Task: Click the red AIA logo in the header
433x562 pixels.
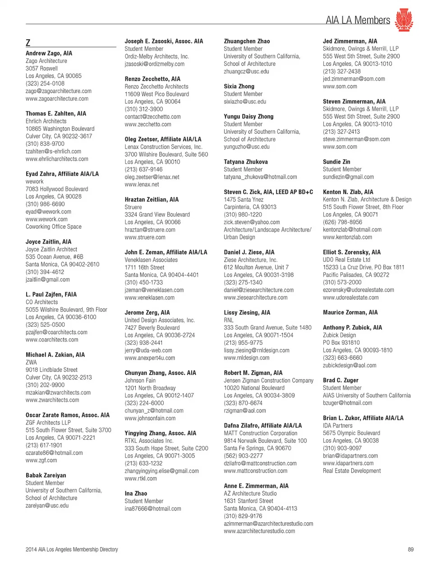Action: tap(404, 20)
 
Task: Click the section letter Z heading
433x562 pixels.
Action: tap(28, 43)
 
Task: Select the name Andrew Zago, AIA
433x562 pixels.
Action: tap(49, 53)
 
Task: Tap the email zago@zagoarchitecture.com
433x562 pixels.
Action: tap(58, 91)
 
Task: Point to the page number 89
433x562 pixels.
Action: tap(410, 549)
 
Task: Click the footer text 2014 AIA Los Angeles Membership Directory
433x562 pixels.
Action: tap(72, 549)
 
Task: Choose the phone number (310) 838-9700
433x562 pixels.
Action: tap(45, 144)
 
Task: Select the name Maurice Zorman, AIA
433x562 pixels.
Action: tap(350, 312)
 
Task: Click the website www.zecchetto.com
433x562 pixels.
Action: tap(148, 124)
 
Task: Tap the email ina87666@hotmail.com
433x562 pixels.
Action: tap(153, 509)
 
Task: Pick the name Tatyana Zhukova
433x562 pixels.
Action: tap(246, 162)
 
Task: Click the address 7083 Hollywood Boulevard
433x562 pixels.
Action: tap(57, 189)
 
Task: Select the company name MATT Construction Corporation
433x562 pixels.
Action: tap(261, 433)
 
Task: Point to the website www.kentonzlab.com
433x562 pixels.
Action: tap(347, 237)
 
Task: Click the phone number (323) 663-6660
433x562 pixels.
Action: tap(342, 358)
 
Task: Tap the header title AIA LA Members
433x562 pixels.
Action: tap(358, 20)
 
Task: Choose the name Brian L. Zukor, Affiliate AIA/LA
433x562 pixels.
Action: tap(363, 418)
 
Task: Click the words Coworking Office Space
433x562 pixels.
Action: tap(54, 227)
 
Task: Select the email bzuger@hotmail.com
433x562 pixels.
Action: tap(347, 403)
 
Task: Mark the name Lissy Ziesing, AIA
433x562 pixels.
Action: tap(247, 312)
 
